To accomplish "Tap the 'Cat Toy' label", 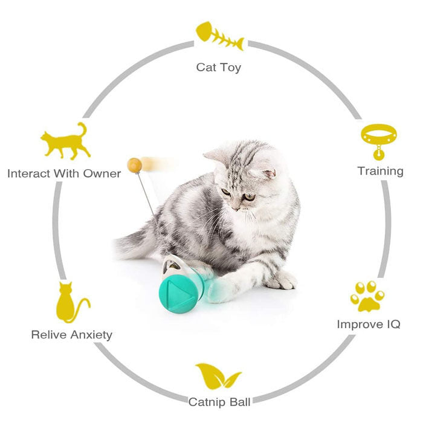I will coord(219,67).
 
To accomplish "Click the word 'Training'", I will coord(380,171).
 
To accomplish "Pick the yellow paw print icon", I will coord(367,295).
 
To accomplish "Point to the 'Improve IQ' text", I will coord(368,325).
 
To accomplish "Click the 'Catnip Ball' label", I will coord(219,401).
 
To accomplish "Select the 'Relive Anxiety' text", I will coord(71,334).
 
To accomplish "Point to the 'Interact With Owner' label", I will coord(64,174).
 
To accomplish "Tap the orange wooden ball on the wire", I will coord(134,164).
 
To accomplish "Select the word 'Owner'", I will coord(103,174).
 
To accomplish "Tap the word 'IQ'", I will coord(392,325).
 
